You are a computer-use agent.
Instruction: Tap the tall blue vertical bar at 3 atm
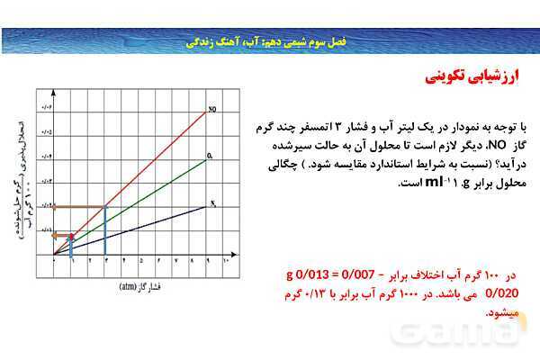point(105,231)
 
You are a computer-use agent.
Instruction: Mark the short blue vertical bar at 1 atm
point(71,246)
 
